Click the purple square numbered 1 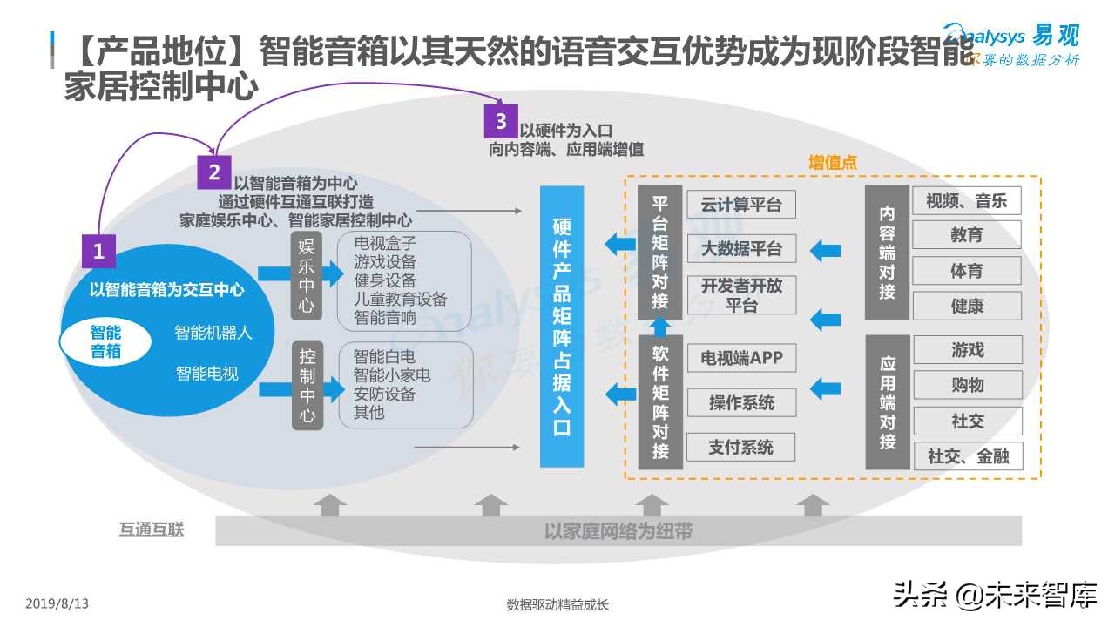click(x=98, y=252)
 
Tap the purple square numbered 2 click(x=214, y=172)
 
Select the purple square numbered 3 click(x=501, y=121)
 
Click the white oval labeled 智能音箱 click(x=105, y=341)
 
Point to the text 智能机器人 click(x=213, y=333)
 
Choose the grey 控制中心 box click(x=307, y=386)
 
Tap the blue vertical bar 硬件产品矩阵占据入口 click(x=562, y=327)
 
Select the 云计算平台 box click(x=741, y=205)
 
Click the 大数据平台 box click(x=741, y=249)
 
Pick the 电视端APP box click(x=741, y=358)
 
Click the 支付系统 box click(x=741, y=448)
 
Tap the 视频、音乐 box click(x=966, y=201)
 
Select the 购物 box click(x=966, y=385)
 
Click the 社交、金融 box click(x=968, y=455)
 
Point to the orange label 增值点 click(x=832, y=163)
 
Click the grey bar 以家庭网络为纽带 click(x=618, y=530)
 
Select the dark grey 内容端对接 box click(x=887, y=253)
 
